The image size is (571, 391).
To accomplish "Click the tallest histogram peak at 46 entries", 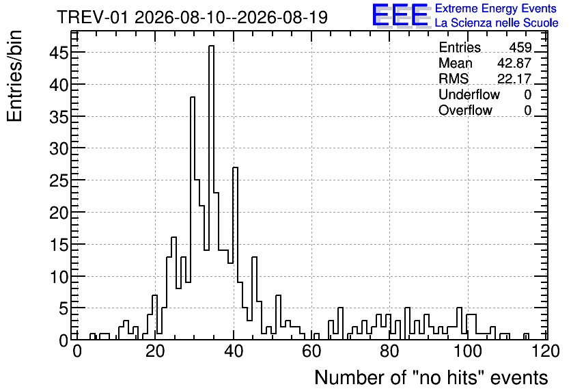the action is click(211, 46).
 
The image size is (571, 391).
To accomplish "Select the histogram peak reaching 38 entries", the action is click(193, 98).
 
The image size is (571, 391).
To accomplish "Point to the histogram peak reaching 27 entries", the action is click(235, 168).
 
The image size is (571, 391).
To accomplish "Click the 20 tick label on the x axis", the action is click(155, 352).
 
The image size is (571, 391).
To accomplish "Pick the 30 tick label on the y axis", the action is click(59, 149).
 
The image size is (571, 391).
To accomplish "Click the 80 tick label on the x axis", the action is click(389, 352).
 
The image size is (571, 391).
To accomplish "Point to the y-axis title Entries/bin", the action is click(14, 77).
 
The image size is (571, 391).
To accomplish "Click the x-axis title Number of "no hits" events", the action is click(431, 378).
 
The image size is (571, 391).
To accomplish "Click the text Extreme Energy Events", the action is click(496, 8).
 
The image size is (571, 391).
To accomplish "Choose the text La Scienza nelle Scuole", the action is click(497, 23).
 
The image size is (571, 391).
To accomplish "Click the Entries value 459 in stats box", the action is click(520, 48).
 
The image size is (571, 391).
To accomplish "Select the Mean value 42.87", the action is click(514, 64).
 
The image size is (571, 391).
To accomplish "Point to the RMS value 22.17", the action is click(514, 79).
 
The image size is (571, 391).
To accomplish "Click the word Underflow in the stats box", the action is click(469, 95).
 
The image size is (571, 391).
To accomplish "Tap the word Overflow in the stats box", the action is click(465, 111).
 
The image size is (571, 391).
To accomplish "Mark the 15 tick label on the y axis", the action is click(59, 245).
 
